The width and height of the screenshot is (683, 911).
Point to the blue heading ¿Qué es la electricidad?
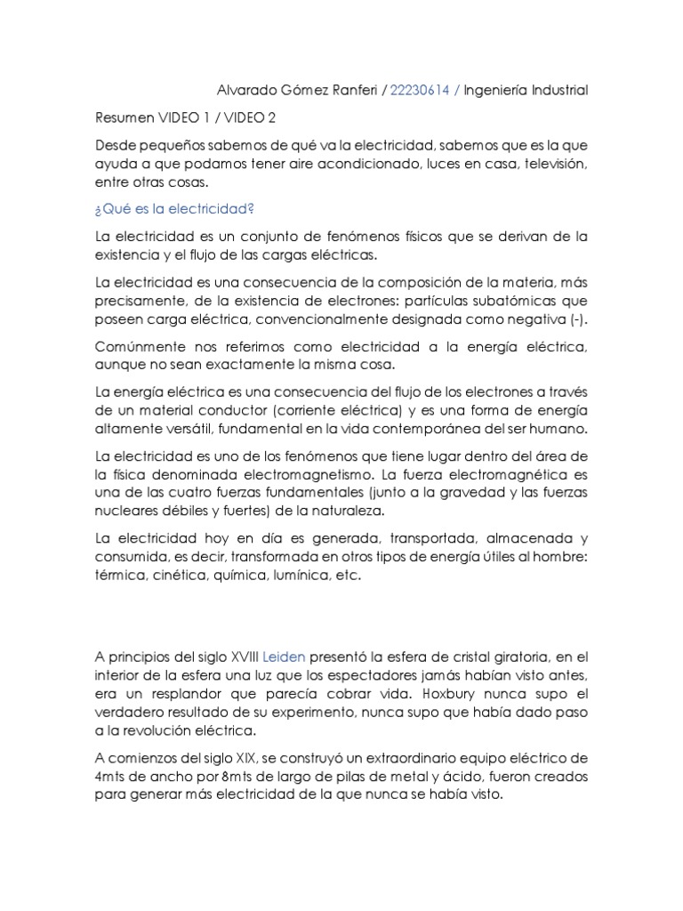173,209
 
